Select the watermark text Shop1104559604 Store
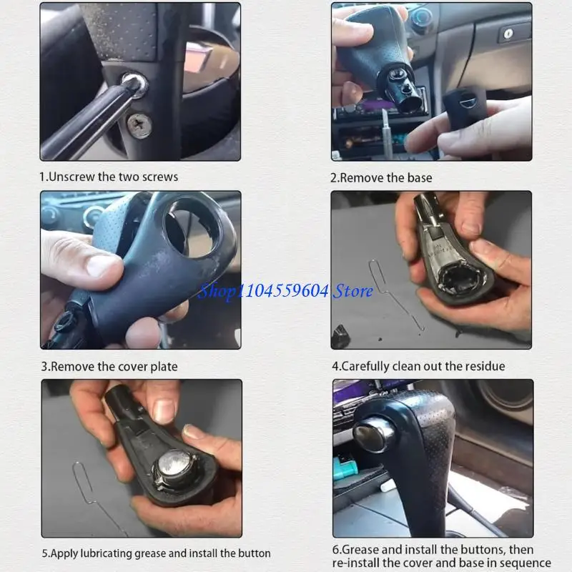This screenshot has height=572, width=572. [x=285, y=290]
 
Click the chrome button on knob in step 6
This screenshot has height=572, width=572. [x=371, y=435]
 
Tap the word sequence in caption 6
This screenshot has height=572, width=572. [x=526, y=563]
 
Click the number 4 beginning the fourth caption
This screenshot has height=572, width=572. [x=335, y=366]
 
